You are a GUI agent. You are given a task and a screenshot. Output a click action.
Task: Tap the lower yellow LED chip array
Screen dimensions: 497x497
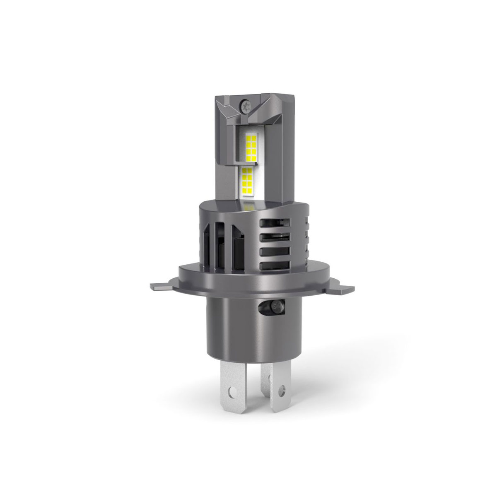(x=247, y=182)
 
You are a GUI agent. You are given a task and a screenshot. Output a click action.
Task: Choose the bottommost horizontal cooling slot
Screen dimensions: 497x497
(x=274, y=265)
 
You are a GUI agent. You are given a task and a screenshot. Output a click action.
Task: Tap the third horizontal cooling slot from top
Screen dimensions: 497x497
(x=273, y=251)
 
